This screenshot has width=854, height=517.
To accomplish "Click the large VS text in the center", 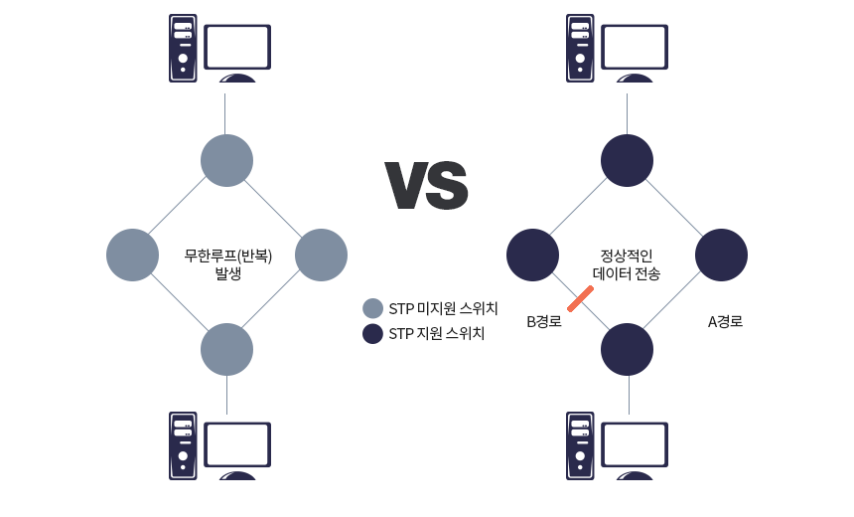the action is point(426,185).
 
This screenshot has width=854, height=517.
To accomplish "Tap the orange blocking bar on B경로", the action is point(581,299).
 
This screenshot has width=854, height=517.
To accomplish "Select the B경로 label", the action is point(544,322).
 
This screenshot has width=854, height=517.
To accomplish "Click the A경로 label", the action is point(725,322).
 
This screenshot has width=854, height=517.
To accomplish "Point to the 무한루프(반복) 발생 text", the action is point(228,263).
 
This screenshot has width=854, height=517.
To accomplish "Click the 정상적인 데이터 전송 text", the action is point(627,264).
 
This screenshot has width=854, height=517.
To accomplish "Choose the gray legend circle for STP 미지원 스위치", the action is point(372,308).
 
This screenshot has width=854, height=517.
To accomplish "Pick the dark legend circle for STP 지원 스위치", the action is point(372,334).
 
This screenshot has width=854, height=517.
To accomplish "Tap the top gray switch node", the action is point(226,160).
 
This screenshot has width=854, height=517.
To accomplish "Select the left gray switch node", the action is point(132,256).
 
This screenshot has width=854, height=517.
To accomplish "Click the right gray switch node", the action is point(321,256).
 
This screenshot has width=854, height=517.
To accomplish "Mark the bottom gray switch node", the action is point(226,350).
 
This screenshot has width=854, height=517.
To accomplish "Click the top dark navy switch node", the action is point(627,160).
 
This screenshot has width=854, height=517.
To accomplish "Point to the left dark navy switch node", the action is point(532,256).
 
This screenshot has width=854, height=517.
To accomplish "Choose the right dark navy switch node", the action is point(721,256).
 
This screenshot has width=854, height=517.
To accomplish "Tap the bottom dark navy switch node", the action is point(627,350).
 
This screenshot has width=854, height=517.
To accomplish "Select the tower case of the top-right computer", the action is point(580,48).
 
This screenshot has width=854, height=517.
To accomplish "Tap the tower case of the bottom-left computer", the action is point(183,445).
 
